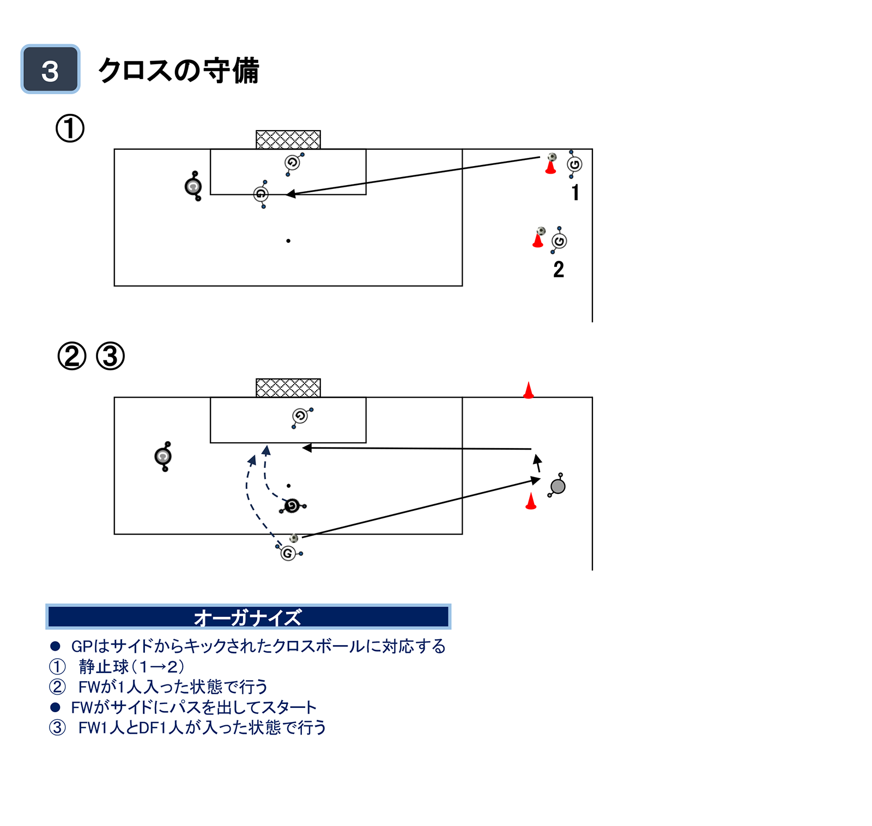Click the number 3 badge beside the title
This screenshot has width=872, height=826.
point(50,69)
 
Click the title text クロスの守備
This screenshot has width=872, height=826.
point(178,71)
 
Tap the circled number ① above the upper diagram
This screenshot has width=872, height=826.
point(70,129)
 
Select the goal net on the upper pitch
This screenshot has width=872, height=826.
point(288,139)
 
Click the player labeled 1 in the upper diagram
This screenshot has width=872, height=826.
point(574,164)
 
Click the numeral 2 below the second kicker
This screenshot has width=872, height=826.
point(558,270)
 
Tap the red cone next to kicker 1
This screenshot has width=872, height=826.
point(550,167)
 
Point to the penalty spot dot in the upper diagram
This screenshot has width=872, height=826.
point(288,241)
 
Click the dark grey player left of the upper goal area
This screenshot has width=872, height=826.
point(193,187)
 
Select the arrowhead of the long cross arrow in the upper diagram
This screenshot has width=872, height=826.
point(290,194)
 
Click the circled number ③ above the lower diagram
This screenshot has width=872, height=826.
point(110,356)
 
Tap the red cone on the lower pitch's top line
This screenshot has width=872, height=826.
point(528,390)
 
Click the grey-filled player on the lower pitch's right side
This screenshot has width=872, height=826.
point(558,486)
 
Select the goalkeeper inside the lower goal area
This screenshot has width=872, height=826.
point(300,417)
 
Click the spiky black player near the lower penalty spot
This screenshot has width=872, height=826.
point(292,506)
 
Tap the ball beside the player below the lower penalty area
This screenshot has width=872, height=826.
point(294,539)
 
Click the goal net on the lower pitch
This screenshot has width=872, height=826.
point(288,388)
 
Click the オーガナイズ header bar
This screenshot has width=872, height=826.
point(248,617)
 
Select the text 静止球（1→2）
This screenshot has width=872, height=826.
point(131,666)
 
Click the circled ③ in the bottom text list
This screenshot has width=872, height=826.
point(57,727)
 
